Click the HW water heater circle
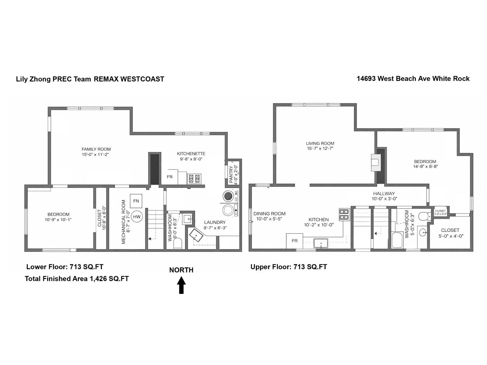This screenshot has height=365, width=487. (x=137, y=217)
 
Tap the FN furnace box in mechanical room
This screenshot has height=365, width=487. (x=136, y=201)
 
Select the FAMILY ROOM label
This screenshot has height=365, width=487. (x=96, y=149)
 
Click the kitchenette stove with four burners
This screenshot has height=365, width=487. (x=194, y=178)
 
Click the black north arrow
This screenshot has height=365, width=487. (x=181, y=285)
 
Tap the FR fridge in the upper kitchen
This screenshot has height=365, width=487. (x=294, y=241)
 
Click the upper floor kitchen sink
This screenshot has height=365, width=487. (x=321, y=243)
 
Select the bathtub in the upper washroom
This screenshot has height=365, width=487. (x=397, y=240)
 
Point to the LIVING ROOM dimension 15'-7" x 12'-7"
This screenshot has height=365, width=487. (x=320, y=148)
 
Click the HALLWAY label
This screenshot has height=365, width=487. (x=384, y=193)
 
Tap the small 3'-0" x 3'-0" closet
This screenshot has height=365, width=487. (x=440, y=212)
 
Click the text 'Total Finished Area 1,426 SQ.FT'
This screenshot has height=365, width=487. (x=77, y=279)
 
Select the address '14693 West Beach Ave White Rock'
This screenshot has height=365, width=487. (x=413, y=78)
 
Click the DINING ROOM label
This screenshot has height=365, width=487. (x=269, y=214)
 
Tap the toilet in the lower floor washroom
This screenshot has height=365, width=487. (x=177, y=243)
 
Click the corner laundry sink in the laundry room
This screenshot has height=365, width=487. (x=196, y=236)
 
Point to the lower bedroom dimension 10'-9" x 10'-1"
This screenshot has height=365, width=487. (x=58, y=219)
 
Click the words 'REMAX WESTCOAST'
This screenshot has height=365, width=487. (x=129, y=79)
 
